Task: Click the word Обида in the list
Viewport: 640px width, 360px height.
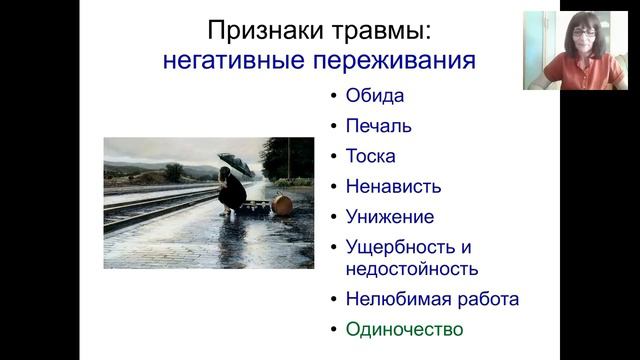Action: [x=375, y=97]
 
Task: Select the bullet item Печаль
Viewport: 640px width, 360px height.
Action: [x=379, y=127]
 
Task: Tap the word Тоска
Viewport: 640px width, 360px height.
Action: [x=370, y=156]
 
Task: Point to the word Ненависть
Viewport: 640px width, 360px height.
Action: [x=393, y=186]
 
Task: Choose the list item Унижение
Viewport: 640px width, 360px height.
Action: [x=390, y=216]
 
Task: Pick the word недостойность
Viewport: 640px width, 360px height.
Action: [x=411, y=268]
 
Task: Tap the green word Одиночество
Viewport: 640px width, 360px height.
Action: [x=404, y=328]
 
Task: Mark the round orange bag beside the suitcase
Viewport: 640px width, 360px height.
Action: [x=282, y=206]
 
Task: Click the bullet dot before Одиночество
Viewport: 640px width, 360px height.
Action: [x=333, y=328]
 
